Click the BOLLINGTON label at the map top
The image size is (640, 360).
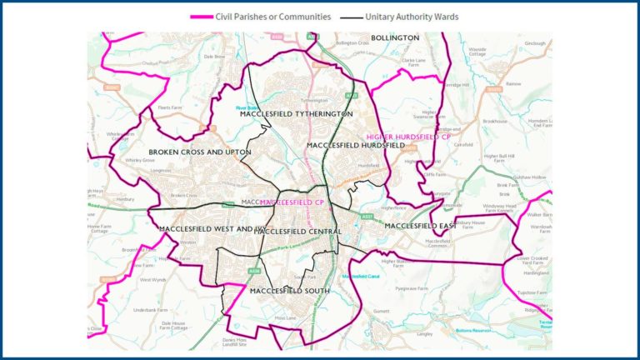click(394, 38)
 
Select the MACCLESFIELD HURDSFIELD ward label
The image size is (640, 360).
click(355, 145)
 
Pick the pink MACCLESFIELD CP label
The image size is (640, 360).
click(292, 202)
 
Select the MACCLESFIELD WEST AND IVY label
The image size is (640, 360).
click(204, 228)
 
